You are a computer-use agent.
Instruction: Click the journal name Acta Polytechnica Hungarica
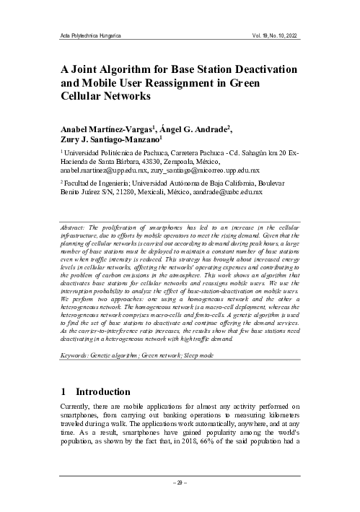89,35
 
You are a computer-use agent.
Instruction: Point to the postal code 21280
153,194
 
